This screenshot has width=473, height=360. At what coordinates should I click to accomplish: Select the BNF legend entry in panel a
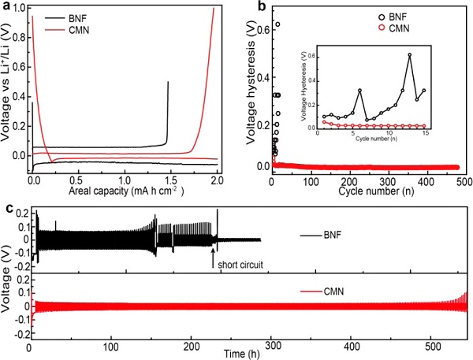click(82, 15)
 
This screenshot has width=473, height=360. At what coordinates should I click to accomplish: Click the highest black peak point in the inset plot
click(410, 54)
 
